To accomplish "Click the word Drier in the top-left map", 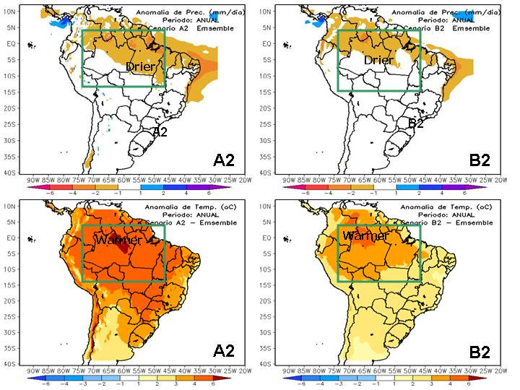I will [142, 67].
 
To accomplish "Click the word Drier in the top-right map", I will [378, 61].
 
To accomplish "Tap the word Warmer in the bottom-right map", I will [365, 236].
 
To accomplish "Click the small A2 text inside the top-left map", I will [160, 132].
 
